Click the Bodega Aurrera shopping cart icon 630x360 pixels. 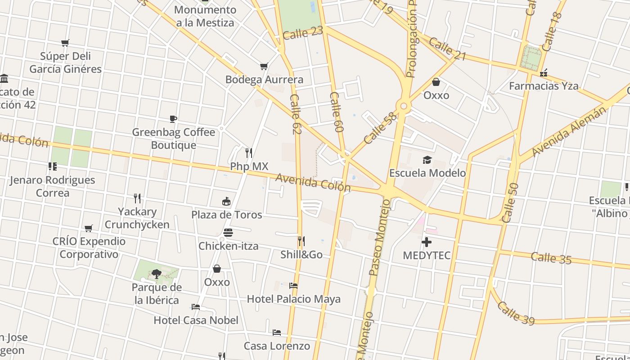pyautogui.click(x=264, y=67)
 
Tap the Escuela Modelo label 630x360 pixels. pyautogui.click(x=427, y=173)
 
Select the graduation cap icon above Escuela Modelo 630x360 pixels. pyautogui.click(x=427, y=160)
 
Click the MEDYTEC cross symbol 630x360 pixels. pyautogui.click(x=426, y=242)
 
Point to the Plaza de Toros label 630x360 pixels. pyautogui.click(x=226, y=215)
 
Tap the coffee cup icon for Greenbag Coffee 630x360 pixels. pyautogui.click(x=173, y=119)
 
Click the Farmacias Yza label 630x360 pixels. pyautogui.click(x=544, y=85)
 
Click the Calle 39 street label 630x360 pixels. pyautogui.click(x=516, y=313)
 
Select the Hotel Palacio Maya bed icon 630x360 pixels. pyautogui.click(x=293, y=285)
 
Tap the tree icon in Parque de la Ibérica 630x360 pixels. pyautogui.click(x=156, y=273)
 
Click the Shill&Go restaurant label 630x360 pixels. pyautogui.click(x=301, y=255)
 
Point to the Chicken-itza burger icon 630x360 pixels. pyautogui.click(x=228, y=233)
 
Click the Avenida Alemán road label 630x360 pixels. pyautogui.click(x=569, y=132)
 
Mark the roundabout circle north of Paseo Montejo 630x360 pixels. pyautogui.click(x=404, y=106)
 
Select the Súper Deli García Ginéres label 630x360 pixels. pyautogui.click(x=66, y=63)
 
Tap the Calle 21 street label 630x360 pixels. pyautogui.click(x=447, y=49)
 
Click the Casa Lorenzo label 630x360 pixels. pyautogui.click(x=277, y=346)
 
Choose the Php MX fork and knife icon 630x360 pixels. pyautogui.click(x=249, y=153)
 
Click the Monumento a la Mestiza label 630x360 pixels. pyautogui.click(x=205, y=16)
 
